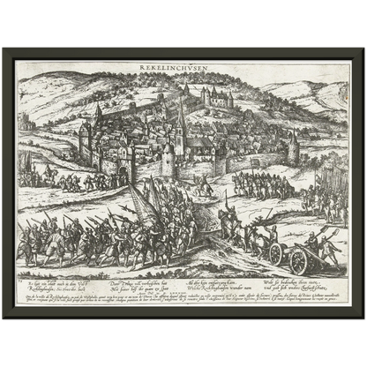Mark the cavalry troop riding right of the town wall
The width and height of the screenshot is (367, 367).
coord(265,185)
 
